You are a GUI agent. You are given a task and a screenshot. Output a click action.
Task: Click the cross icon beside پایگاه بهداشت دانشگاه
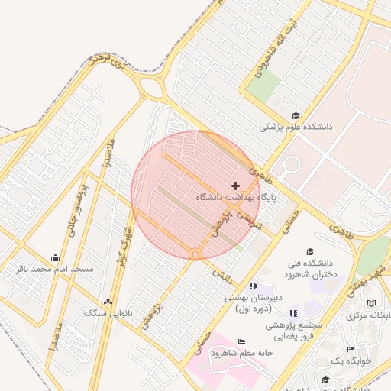pyautogui.click(x=235, y=186)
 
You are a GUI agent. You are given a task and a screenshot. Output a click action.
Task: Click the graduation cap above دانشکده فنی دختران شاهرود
pyautogui.click(x=310, y=251)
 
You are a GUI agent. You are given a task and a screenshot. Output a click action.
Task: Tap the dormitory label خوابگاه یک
pyautogui.click(x=351, y=360)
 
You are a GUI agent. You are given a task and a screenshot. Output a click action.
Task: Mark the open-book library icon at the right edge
pyautogui.click(x=372, y=304)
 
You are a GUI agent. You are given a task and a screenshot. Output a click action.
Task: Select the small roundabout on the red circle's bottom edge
pyautogui.click(x=195, y=254)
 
